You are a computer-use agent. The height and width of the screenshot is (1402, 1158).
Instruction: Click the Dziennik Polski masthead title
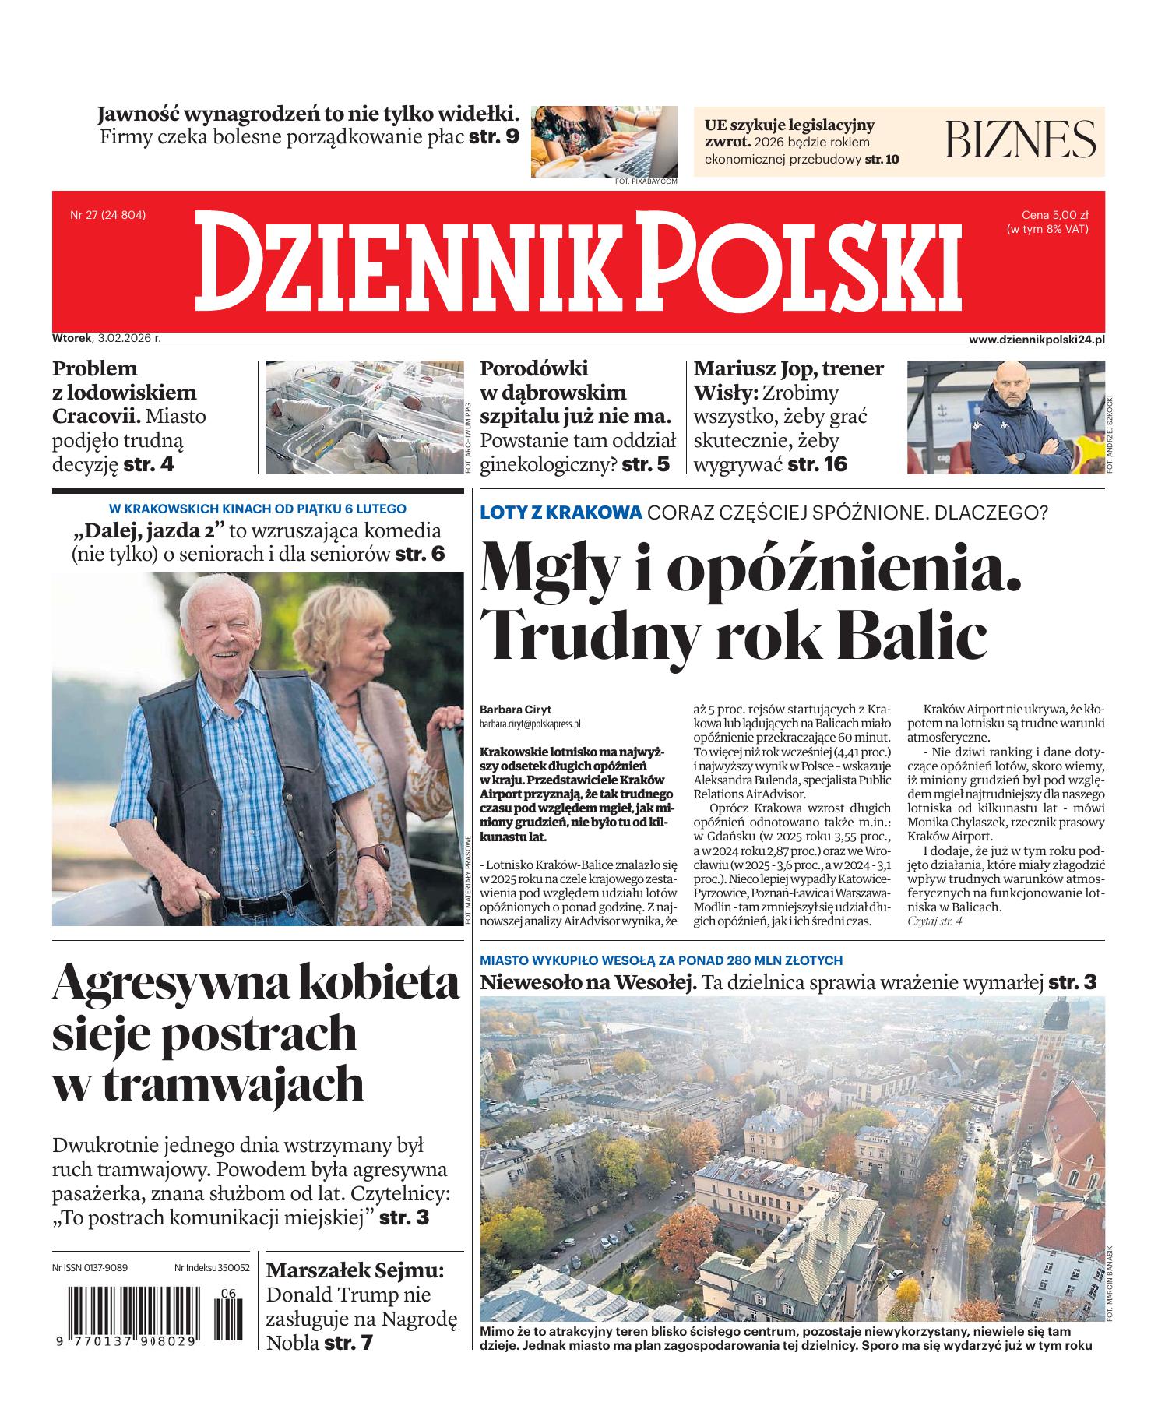(578, 262)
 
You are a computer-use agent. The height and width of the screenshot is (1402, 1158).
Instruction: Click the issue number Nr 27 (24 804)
(108, 215)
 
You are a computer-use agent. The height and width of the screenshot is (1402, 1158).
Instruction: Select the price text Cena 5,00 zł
(1054, 215)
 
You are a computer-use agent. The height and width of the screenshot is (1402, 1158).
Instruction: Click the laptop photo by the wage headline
(604, 141)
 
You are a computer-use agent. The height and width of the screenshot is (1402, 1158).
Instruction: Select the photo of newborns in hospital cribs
(364, 417)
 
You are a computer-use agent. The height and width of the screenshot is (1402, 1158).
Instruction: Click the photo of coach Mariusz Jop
(1005, 417)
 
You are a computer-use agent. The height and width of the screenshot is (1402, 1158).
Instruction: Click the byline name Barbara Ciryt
(516, 710)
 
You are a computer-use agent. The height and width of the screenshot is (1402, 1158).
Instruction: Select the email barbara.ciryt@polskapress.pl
(530, 724)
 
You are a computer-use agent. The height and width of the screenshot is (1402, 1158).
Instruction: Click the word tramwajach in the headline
(208, 1083)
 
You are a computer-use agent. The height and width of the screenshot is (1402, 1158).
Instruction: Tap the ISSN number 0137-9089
(104, 1268)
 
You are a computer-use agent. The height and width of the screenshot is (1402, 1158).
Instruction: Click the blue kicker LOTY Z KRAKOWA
(561, 513)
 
